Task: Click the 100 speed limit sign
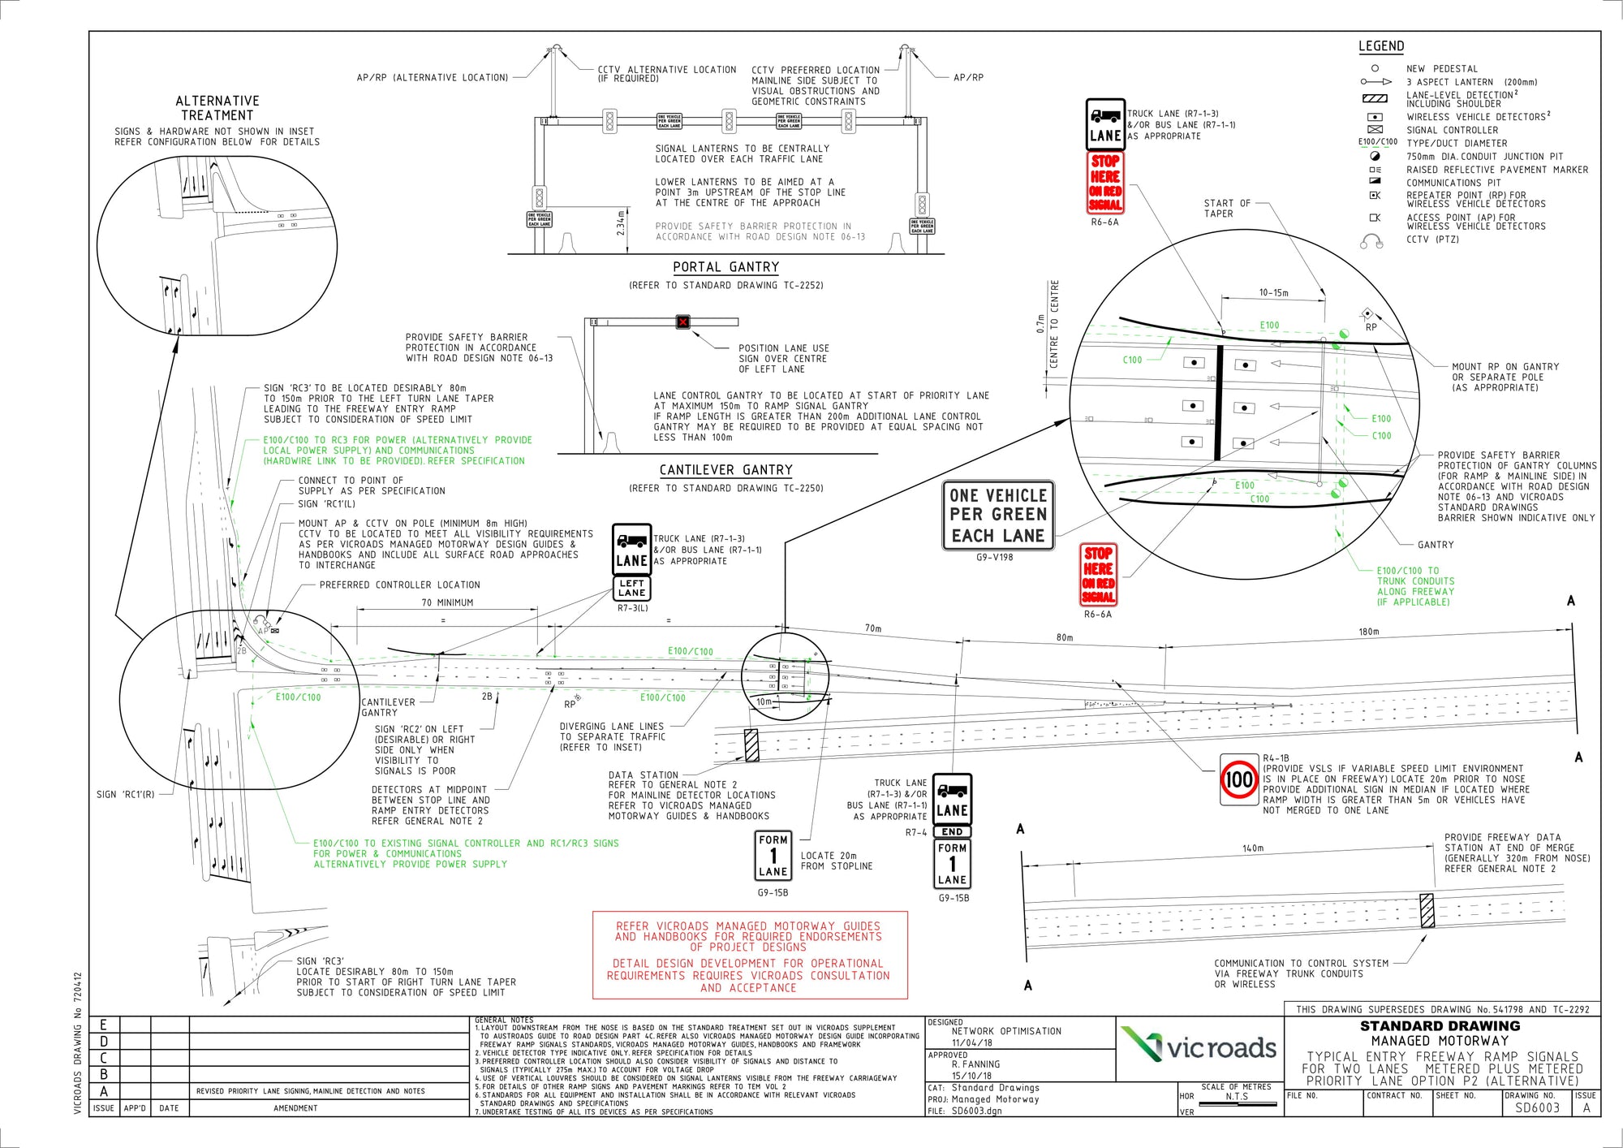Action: click(x=1238, y=779)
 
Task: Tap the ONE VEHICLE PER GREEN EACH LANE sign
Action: click(x=997, y=516)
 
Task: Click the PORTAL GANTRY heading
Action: click(x=725, y=267)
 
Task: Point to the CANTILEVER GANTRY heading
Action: click(x=725, y=470)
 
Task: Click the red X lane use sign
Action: click(x=683, y=322)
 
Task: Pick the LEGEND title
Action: click(x=1381, y=46)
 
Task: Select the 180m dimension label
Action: click(x=1368, y=632)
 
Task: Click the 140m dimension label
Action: click(x=1252, y=848)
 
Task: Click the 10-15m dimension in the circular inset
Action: click(x=1273, y=293)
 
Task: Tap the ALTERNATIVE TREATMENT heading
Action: click(x=217, y=108)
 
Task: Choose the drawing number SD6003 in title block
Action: click(x=1537, y=1107)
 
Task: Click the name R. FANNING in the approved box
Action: click(x=975, y=1064)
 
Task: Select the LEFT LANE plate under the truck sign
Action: click(x=631, y=588)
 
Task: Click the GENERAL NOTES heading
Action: click(x=504, y=1021)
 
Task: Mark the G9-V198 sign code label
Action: click(x=994, y=557)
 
